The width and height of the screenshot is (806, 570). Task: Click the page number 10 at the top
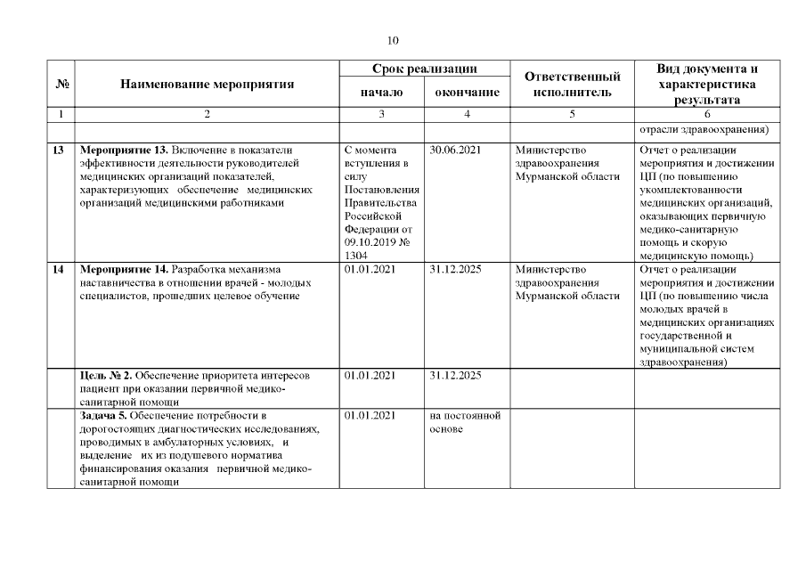[394, 40]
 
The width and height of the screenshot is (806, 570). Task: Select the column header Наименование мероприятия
[207, 85]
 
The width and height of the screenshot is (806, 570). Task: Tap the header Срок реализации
[424, 69]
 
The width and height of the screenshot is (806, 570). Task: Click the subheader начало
[381, 92]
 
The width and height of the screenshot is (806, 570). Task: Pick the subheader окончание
[467, 92]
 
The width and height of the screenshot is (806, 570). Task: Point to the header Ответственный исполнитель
[572, 85]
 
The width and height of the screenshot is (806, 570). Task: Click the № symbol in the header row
[62, 85]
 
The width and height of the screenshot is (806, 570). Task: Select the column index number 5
[572, 114]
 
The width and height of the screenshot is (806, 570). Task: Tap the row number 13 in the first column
[58, 151]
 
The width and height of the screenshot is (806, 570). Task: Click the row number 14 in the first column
[58, 269]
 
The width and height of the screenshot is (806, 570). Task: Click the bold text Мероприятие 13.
[125, 151]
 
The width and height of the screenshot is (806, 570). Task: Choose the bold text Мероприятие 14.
[125, 269]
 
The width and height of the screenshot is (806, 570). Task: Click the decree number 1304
[355, 255]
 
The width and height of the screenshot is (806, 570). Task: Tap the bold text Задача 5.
[107, 415]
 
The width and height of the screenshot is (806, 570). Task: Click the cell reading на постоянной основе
[464, 421]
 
